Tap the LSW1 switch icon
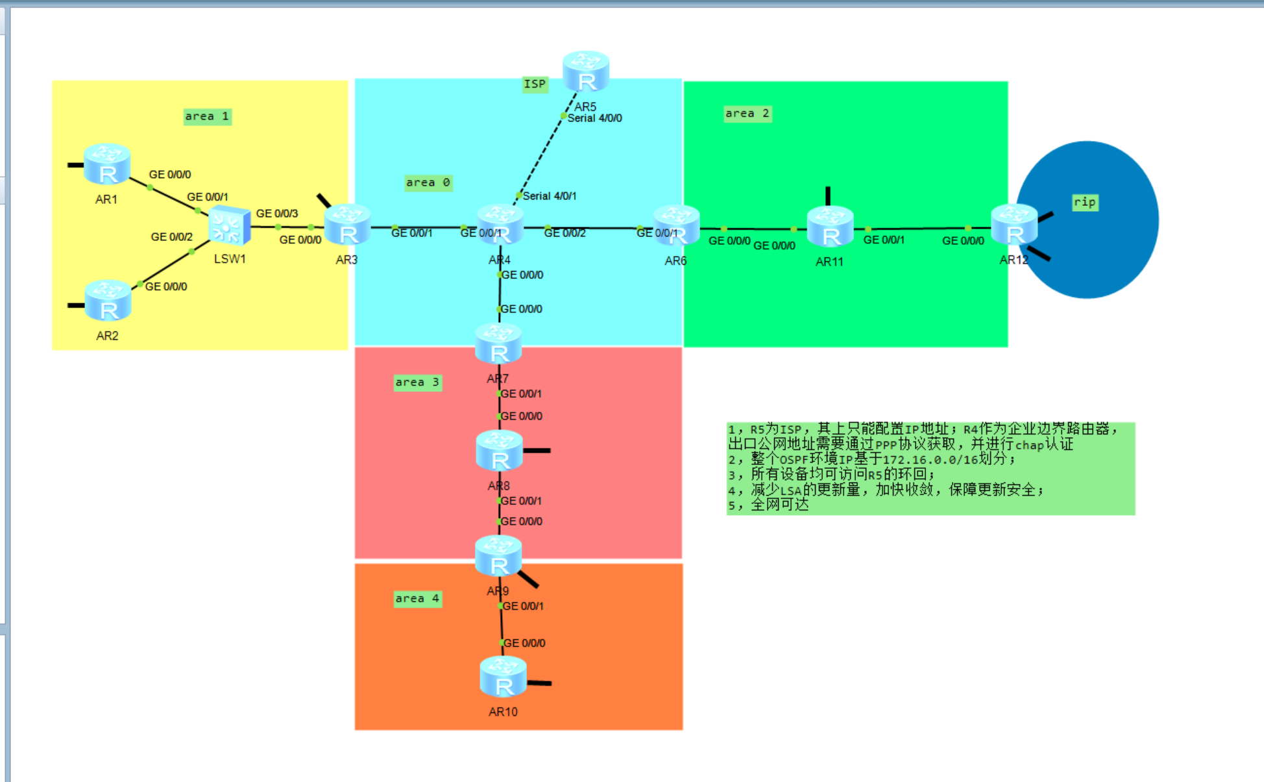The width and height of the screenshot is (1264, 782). pos(229,226)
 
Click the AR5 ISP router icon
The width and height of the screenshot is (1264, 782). pos(586,71)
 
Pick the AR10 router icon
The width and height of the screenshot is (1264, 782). pos(503,677)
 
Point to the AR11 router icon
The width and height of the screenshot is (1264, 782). pos(830,227)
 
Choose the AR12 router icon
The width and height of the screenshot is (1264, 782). pos(1014,225)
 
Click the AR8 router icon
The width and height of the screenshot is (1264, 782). pos(499,451)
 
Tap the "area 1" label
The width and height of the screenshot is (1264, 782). pos(207,117)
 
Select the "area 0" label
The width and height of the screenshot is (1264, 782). pos(428,183)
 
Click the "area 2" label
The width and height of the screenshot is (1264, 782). pos(747,114)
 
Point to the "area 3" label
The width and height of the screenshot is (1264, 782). pos(417,383)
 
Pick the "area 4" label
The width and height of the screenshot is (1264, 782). pos(417,599)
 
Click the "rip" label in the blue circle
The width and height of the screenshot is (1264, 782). pos(1084,202)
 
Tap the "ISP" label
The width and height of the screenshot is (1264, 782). pos(535,84)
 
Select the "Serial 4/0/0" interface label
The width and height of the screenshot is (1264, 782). pos(594,118)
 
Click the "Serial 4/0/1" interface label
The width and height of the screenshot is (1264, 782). pos(549,196)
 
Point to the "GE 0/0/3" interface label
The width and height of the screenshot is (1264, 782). pos(277,214)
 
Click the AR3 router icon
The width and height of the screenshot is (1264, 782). pos(347,225)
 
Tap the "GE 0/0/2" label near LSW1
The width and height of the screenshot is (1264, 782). pos(171,237)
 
